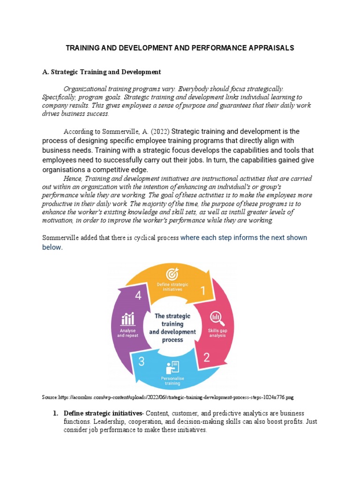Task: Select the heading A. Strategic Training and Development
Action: click(x=102, y=72)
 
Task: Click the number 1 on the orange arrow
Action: click(x=203, y=291)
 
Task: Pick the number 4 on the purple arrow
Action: click(x=138, y=296)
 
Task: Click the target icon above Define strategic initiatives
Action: click(x=172, y=273)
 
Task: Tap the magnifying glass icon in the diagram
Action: click(x=217, y=318)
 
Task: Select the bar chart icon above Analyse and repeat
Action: click(x=128, y=319)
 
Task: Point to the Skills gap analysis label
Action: click(x=217, y=333)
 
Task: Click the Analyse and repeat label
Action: click(x=127, y=333)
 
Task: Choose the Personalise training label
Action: click(x=172, y=381)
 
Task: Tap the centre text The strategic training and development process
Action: click(x=172, y=328)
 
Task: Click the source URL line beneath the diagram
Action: click(x=168, y=397)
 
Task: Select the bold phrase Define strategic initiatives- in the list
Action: click(x=104, y=413)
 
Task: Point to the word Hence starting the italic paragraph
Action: click(x=72, y=178)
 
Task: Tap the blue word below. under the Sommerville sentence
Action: click(x=52, y=247)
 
